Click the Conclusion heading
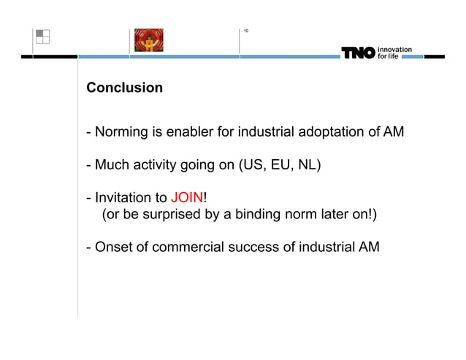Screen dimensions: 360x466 (x=124, y=88)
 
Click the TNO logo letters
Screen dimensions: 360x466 (x=358, y=53)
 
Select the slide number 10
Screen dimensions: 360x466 (x=246, y=31)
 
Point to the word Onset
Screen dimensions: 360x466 (x=111, y=247)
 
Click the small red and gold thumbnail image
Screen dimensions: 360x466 (x=148, y=40)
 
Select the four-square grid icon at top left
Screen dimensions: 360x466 (x=42, y=37)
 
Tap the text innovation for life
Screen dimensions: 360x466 (x=394, y=53)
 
